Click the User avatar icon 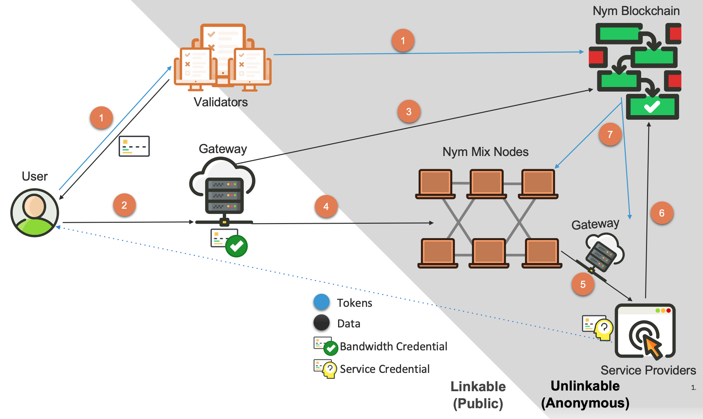coord(35,213)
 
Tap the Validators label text coord(221,102)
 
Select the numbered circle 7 coord(610,134)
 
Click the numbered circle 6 coord(662,213)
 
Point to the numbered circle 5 coord(583,284)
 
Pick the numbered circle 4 coord(326,206)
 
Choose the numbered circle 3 coord(409,112)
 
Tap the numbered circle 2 coord(124,205)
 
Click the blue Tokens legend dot coord(321,302)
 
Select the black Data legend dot coord(321,323)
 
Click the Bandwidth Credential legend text coord(393,346)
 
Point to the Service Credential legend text coord(385,369)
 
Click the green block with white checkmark coord(652,107)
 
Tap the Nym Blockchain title coord(636,11)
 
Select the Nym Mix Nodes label coord(485,152)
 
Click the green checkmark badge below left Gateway coord(236,246)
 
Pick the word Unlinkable coord(585,386)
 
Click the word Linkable coord(478,387)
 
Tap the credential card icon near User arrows coord(134,146)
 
